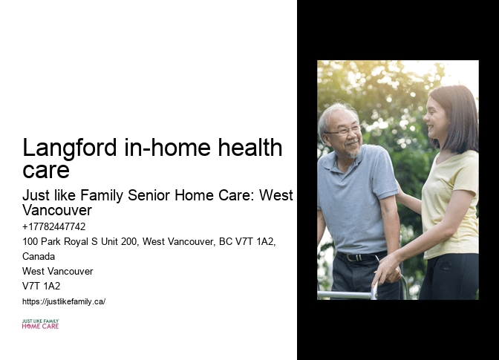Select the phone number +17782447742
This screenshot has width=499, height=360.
coord(53,226)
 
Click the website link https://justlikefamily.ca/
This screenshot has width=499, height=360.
coord(64,301)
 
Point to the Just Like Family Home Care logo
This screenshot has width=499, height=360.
coord(40,324)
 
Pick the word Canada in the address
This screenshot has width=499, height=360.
coord(39,256)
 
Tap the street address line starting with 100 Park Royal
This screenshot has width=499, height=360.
coord(149,241)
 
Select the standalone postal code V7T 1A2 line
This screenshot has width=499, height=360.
coord(42,286)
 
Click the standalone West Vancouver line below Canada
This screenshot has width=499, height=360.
coord(58,271)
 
